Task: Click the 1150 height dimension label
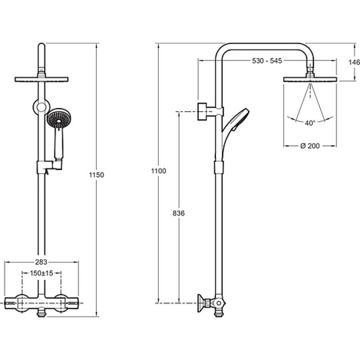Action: [x=96, y=175]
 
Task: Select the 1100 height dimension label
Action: [x=159, y=171]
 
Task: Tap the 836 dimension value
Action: [x=179, y=213]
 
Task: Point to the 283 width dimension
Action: [x=41, y=262]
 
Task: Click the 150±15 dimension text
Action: [x=41, y=273]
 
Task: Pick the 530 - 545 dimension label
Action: [x=267, y=61]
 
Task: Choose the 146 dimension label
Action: [x=354, y=62]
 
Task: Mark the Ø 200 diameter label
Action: [x=310, y=146]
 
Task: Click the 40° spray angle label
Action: [x=310, y=123]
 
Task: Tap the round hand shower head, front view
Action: [x=59, y=120]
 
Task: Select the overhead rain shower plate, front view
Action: [x=41, y=80]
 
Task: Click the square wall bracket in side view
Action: [x=202, y=112]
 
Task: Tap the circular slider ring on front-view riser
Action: [x=41, y=107]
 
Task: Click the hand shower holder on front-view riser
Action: [x=49, y=166]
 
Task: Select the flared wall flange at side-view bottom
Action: [x=201, y=303]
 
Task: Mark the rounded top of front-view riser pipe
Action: [x=41, y=46]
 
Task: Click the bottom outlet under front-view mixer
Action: [x=41, y=314]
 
